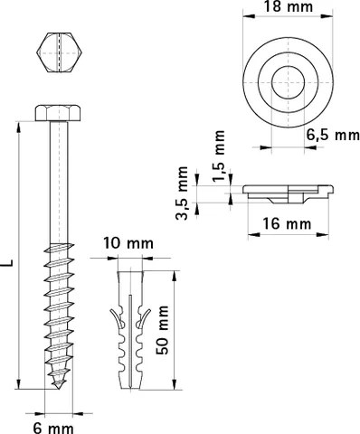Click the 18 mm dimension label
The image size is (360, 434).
[289, 6]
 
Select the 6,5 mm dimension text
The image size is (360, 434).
[333, 135]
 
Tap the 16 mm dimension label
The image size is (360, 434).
[287, 224]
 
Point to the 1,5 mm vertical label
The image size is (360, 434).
[219, 156]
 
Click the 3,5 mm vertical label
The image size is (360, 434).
[182, 193]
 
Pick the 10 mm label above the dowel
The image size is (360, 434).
[128, 243]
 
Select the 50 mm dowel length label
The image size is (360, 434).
[162, 330]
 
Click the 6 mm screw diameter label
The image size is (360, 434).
[53, 428]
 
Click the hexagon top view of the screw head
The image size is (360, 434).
[60, 52]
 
